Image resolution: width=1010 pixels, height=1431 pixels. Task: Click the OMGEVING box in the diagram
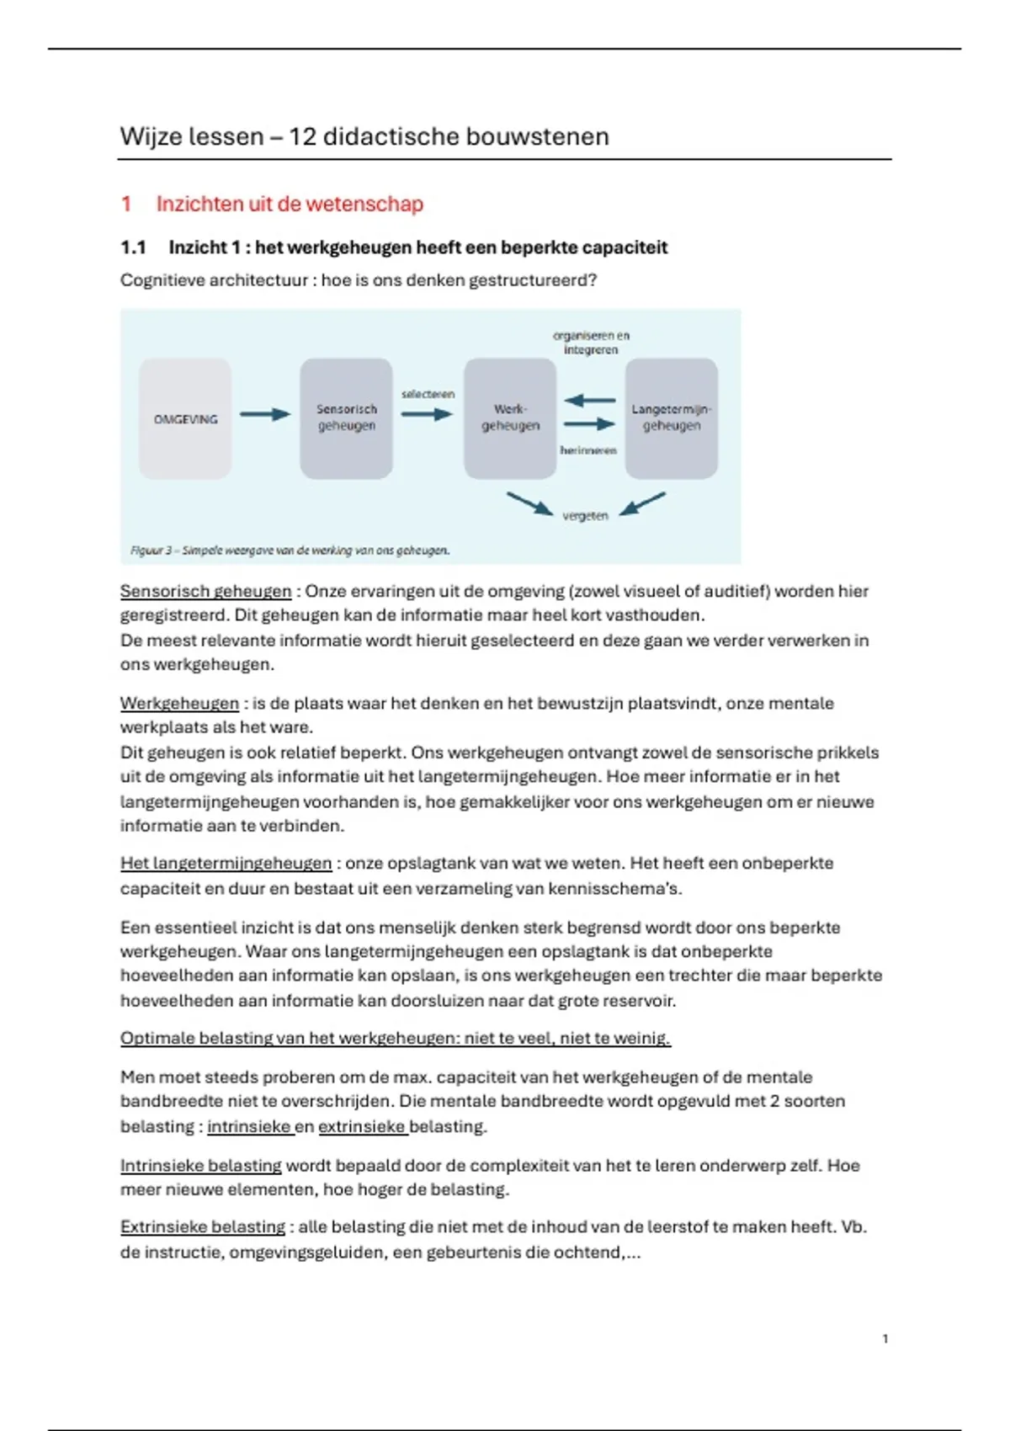point(185,418)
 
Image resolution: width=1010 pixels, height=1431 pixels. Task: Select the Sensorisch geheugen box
point(346,418)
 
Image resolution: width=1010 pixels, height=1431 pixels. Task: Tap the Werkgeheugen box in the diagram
point(510,418)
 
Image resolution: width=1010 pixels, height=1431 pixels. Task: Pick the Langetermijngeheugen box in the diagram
point(672,418)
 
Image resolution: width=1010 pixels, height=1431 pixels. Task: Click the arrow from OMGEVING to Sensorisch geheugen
point(264,414)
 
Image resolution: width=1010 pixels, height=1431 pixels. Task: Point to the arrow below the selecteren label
point(427,414)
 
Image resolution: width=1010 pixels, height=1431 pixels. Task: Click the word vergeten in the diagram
point(585,516)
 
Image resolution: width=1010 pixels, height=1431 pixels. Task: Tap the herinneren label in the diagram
point(588,450)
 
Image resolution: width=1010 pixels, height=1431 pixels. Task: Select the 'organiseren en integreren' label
point(591,343)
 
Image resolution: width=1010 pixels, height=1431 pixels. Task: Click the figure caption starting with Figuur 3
point(290,551)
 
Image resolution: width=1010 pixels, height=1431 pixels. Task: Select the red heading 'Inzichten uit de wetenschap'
point(290,204)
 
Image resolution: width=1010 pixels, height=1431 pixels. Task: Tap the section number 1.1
point(133,247)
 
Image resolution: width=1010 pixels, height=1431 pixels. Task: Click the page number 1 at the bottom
point(885,1338)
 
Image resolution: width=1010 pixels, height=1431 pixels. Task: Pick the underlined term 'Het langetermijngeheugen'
point(226,864)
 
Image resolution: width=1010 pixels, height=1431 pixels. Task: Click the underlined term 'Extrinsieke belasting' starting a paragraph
point(203,1227)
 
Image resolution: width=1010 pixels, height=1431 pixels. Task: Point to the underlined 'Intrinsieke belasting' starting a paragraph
point(201,1166)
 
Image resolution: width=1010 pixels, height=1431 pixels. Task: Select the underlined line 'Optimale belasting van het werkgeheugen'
point(395,1038)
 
